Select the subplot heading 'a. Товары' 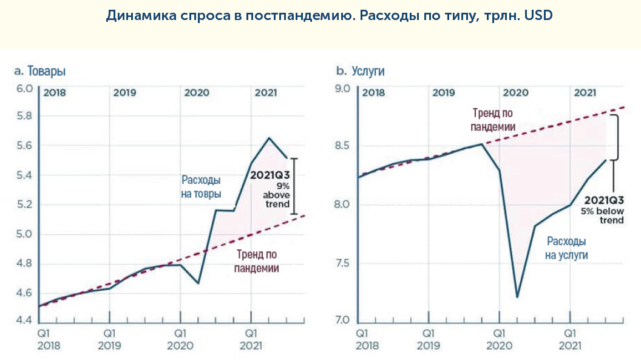39,72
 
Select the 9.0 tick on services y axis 343,89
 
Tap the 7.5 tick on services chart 343,263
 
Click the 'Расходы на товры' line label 201,187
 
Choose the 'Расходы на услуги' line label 566,247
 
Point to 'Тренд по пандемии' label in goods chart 257,260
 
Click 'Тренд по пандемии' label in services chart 493,120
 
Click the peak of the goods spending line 269,138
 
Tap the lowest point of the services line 517,297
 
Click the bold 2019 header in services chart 444,93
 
